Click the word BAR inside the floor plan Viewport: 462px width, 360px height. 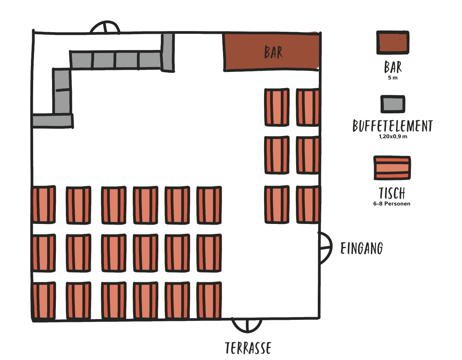pos(273,52)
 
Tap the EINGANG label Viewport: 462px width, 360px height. pos(362,248)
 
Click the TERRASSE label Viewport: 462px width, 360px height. pos(248,348)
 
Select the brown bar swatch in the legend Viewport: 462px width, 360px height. pos(393,43)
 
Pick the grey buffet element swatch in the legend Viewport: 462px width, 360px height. pos(393,104)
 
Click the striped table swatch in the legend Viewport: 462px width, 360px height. pos(392,168)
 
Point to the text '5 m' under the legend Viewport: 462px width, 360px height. pos(393,78)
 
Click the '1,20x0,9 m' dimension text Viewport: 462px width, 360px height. pos(393,136)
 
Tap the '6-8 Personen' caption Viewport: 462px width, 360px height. pos(392,204)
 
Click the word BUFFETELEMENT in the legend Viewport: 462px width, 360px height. pos(393,126)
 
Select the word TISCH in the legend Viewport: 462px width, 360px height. pos(392,193)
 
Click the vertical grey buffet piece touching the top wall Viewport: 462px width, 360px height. pos(168,52)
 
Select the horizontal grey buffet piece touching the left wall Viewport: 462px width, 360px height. pos(52,121)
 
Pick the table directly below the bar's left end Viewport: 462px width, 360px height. pos(277,107)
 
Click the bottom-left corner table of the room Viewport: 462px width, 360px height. pos(44,301)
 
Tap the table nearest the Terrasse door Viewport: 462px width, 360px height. pos(209,301)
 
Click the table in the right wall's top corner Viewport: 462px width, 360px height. pos(308,107)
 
